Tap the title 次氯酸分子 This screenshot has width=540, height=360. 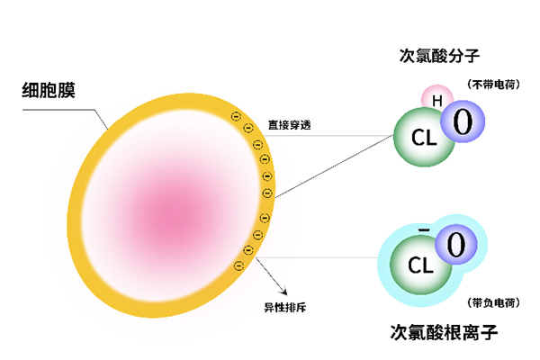tap(440, 54)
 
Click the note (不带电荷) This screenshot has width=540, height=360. tap(492, 85)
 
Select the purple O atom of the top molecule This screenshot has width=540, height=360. tap(463, 121)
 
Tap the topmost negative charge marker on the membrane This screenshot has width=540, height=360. tap(236, 116)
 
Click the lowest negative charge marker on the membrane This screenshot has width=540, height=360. tap(238, 265)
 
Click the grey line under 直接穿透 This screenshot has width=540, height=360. tap(333, 137)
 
